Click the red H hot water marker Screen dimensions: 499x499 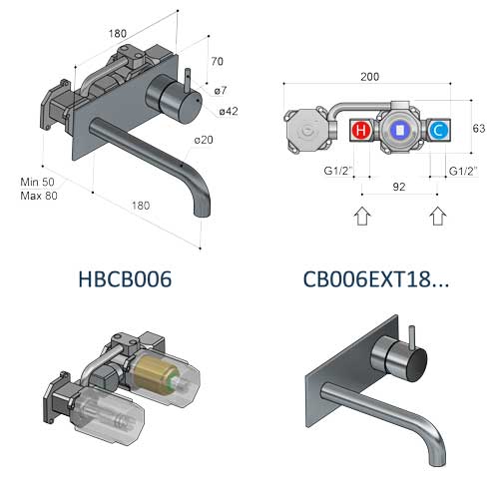click(360, 130)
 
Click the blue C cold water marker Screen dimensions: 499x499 click(439, 130)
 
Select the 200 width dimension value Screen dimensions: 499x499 click(369, 77)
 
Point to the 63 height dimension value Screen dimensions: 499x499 click(479, 129)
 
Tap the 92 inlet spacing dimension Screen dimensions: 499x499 click(399, 187)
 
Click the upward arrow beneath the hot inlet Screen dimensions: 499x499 click(362, 216)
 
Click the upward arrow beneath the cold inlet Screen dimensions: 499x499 click(438, 216)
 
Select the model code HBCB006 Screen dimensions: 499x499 click(125, 279)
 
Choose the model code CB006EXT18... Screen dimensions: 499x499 click(376, 279)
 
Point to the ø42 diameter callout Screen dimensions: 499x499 click(229, 111)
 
